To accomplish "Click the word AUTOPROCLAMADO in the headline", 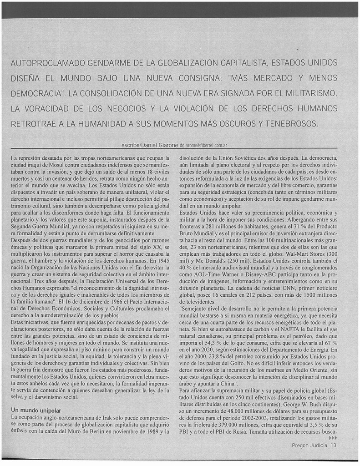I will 46,62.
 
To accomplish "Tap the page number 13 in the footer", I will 334,446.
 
